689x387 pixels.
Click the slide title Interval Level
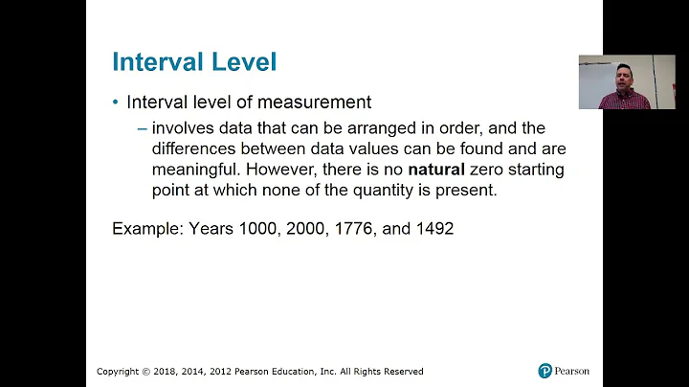(194, 62)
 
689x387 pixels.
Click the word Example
(145, 229)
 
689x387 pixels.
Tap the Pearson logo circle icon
(545, 371)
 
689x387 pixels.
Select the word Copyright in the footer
(119, 372)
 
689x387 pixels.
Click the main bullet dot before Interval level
(116, 102)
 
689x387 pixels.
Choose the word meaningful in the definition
(194, 170)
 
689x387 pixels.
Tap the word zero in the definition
(488, 170)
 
